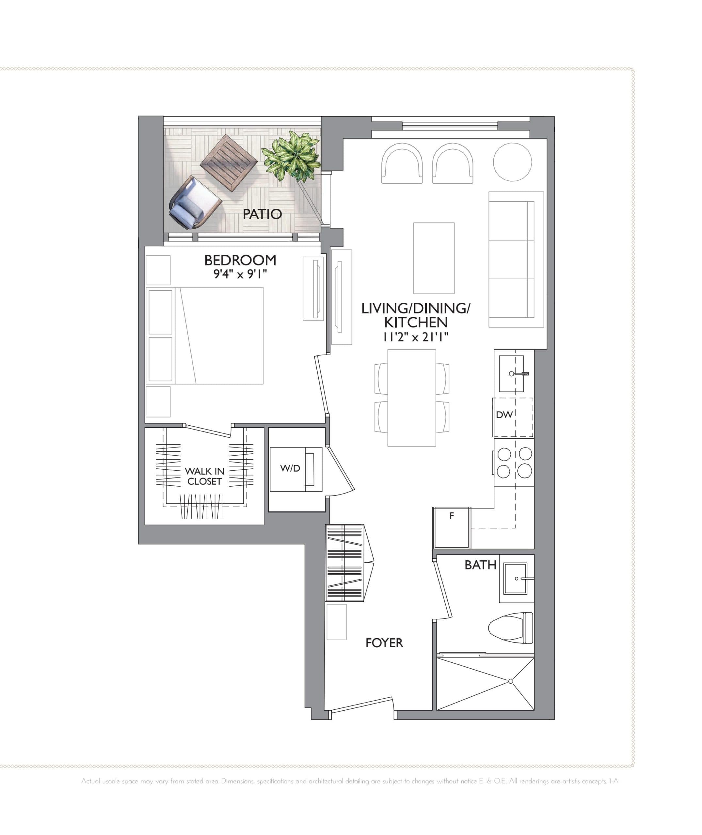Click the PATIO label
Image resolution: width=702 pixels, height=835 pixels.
[262, 214]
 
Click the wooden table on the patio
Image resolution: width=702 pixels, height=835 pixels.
[229, 163]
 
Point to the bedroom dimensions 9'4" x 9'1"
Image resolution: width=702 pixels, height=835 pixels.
[240, 274]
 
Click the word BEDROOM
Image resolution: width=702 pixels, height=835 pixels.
[240, 260]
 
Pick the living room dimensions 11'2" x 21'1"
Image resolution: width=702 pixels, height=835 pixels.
[416, 337]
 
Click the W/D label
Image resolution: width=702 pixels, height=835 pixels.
[290, 468]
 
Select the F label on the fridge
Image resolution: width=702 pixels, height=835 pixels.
[452, 516]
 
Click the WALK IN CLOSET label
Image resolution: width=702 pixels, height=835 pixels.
[204, 476]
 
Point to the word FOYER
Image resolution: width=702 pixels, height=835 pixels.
[384, 643]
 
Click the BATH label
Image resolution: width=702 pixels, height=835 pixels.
[480, 565]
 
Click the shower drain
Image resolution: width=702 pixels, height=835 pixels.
[511, 681]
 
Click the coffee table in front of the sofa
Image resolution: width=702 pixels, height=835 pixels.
[434, 258]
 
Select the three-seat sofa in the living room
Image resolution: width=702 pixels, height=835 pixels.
[516, 259]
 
